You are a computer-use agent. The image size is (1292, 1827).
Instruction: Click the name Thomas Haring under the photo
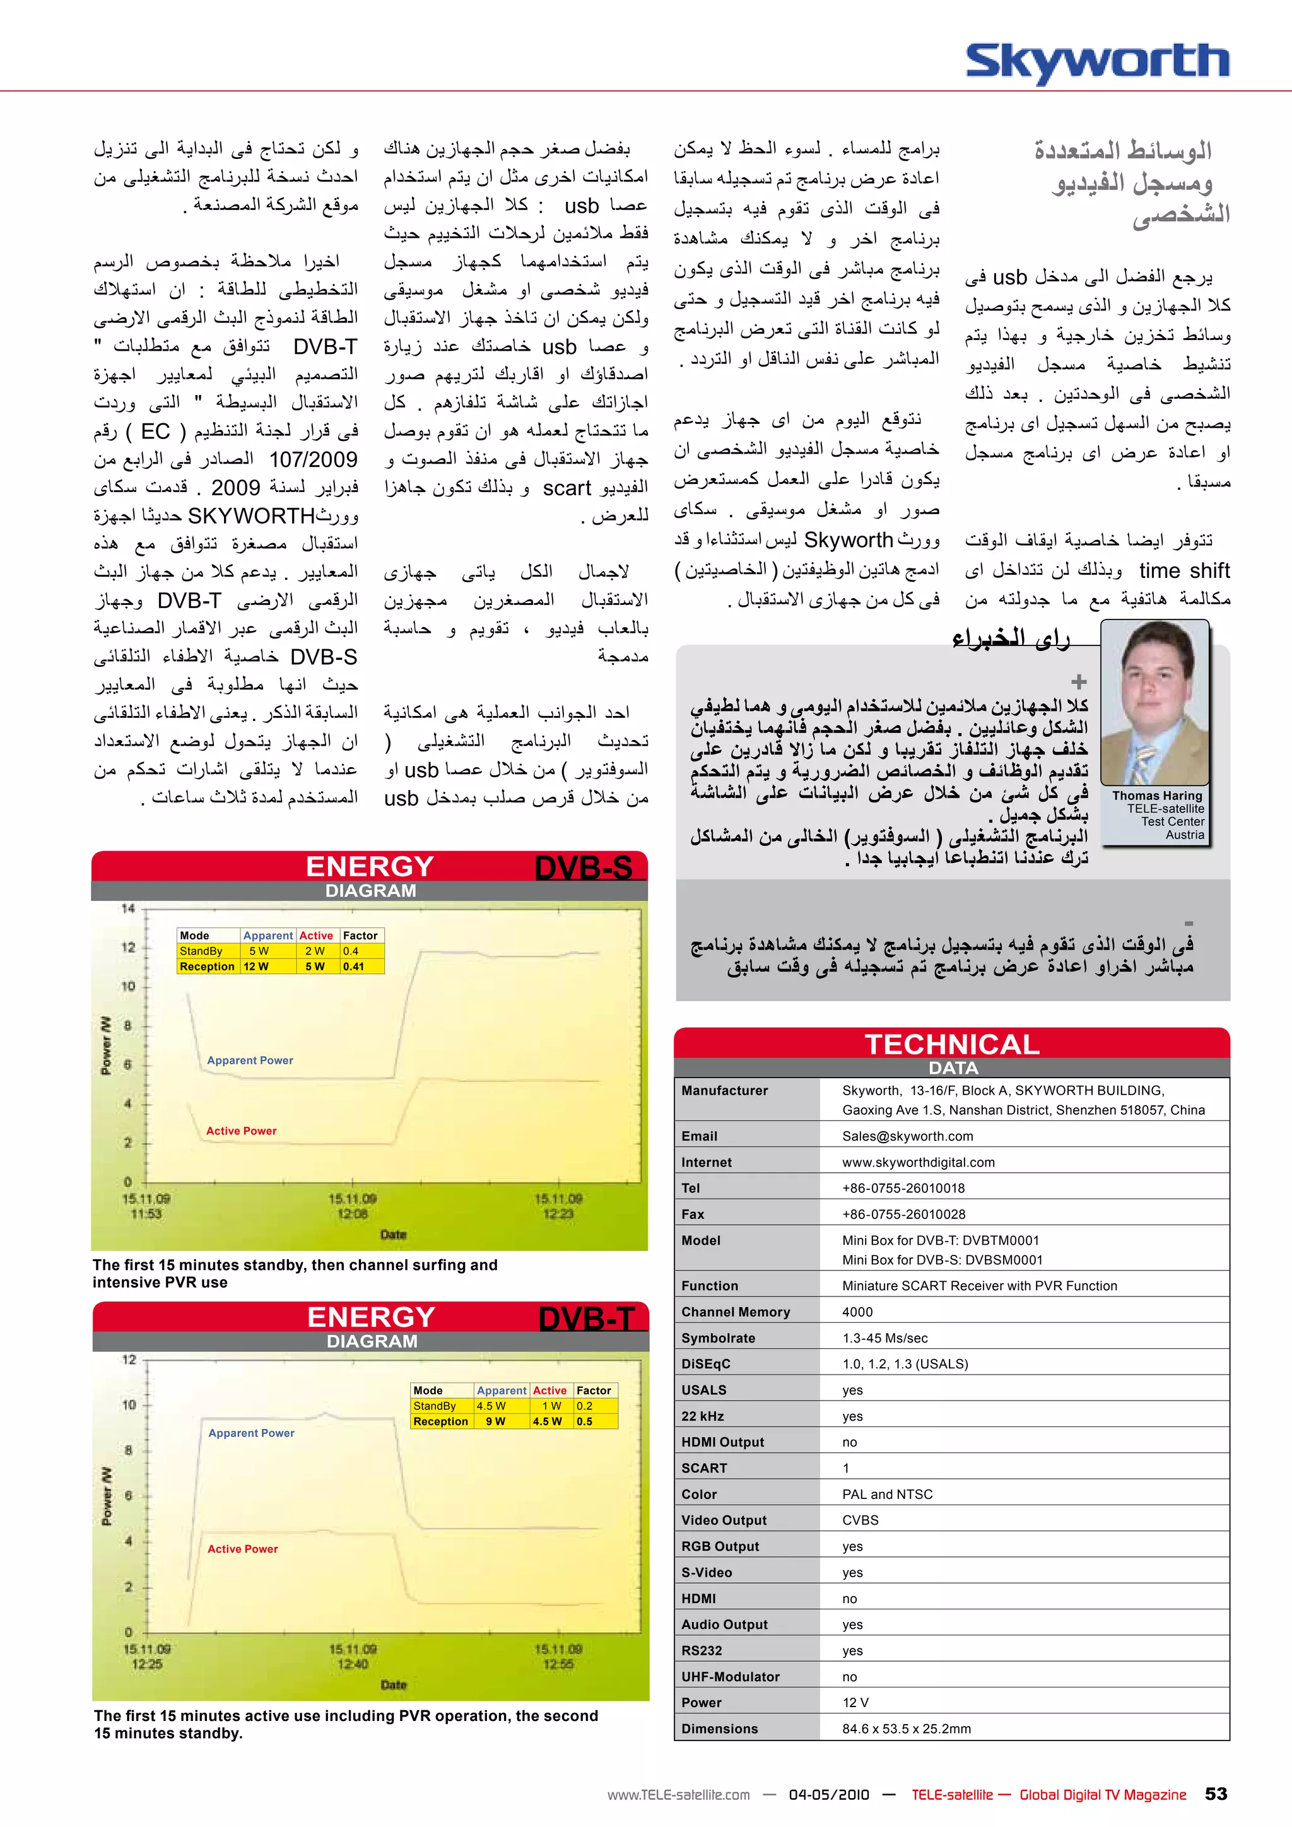click(1157, 796)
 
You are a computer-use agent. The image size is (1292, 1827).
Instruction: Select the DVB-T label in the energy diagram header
click(585, 1319)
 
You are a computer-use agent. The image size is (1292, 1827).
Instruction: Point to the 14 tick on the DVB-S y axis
click(128, 908)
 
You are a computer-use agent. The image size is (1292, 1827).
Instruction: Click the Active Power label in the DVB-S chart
click(241, 1131)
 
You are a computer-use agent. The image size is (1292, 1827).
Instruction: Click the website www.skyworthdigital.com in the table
click(918, 1163)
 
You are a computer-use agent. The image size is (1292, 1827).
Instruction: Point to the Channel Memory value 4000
click(857, 1312)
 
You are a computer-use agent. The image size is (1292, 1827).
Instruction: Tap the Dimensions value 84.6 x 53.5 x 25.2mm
click(906, 1729)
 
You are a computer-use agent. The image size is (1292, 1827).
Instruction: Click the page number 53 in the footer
click(1216, 1794)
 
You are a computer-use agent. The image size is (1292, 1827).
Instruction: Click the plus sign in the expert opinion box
click(1078, 682)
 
